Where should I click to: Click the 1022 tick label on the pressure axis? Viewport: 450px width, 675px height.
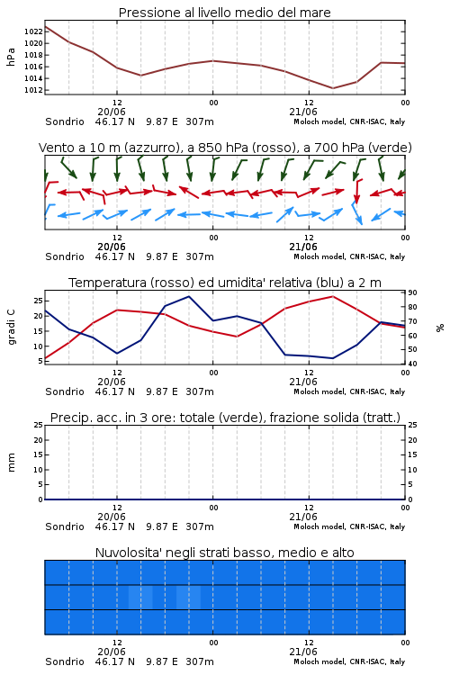(33, 31)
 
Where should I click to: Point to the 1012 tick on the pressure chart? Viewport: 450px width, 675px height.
(33, 90)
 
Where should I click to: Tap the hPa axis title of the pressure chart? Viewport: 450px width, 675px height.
(11, 57)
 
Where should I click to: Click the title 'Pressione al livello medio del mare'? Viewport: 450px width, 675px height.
(225, 13)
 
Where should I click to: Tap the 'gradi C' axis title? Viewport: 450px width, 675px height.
(11, 328)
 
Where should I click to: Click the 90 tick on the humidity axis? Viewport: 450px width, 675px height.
(412, 292)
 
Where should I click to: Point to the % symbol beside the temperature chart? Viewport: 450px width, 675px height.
(440, 328)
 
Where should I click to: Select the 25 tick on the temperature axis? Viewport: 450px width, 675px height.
(39, 300)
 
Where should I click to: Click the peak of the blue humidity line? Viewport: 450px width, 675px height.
(189, 296)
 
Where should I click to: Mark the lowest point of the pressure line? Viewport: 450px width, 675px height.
(332, 88)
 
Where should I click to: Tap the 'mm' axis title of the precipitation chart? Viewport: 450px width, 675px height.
(11, 463)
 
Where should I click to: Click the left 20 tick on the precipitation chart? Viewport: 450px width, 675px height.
(39, 440)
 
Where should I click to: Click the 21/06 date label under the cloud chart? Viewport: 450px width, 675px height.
(303, 652)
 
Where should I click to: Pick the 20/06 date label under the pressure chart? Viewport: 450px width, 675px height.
(112, 112)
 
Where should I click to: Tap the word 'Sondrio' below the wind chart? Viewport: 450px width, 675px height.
(65, 256)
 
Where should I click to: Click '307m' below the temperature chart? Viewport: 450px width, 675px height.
(200, 391)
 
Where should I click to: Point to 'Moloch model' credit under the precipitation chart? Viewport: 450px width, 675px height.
(319, 526)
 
